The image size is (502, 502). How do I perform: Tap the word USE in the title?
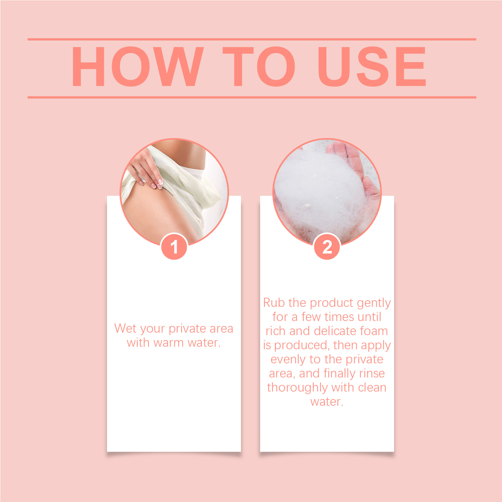pos(372,66)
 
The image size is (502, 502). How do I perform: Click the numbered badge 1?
pos(174,247)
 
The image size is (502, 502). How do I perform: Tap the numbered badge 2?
pos(327,247)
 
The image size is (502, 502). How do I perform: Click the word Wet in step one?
pos(125,328)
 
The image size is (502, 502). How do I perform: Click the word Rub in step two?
pos(274,303)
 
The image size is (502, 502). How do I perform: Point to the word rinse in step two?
pos(372,373)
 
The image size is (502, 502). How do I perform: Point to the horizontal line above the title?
pos(252,40)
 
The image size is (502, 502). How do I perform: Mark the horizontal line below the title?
pos(252,97)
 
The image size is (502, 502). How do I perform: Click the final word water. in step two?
pos(327,402)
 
